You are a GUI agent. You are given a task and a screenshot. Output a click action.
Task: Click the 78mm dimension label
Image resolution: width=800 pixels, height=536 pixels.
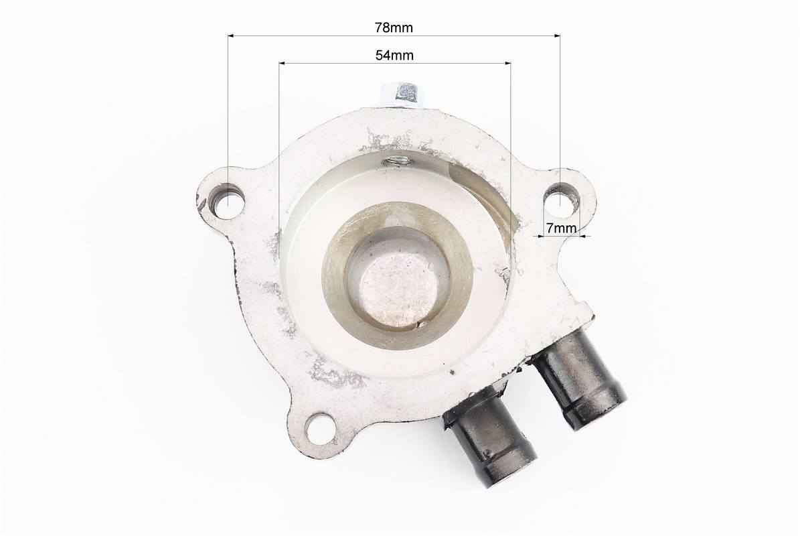394,27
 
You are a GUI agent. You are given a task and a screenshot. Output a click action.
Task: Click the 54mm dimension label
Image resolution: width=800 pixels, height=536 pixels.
394,55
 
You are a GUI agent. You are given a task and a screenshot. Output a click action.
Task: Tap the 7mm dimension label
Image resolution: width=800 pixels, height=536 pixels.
561,228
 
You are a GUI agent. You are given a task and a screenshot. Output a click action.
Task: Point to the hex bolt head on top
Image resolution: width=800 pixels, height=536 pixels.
402,94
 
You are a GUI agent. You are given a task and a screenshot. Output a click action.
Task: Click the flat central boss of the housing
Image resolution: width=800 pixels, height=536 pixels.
397,289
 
